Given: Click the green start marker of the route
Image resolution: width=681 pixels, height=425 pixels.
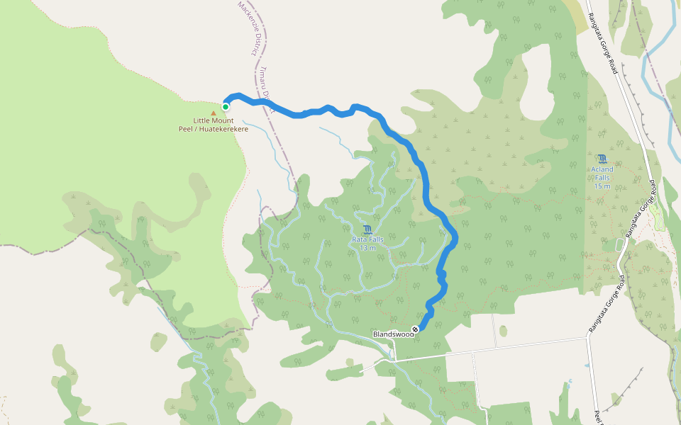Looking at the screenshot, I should pos(226,107).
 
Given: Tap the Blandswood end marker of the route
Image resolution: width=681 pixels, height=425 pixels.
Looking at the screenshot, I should pos(415,328).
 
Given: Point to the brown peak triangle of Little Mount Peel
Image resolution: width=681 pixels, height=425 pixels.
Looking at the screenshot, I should pos(214,112).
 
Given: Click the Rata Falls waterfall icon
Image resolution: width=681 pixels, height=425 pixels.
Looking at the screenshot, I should pos(367,229).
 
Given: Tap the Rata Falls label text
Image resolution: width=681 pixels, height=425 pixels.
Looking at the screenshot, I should pos(367,239).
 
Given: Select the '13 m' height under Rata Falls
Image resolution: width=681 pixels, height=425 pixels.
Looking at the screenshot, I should pos(367,248).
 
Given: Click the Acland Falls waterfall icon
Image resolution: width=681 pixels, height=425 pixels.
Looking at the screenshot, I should pos(602,159).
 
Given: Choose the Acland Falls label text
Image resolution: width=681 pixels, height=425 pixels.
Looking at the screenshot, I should pos(602,169).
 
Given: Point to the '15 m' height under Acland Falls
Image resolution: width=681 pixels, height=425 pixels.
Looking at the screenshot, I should pos(602,186).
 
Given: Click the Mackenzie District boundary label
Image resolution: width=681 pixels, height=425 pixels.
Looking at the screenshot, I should pos(246,28).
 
